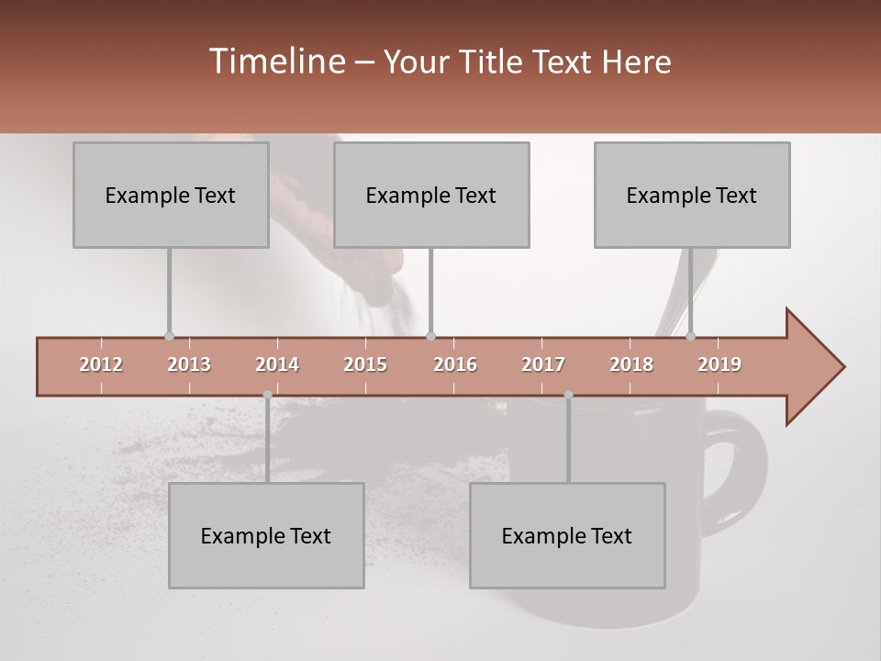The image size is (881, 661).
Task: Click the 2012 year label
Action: pyautogui.click(x=101, y=364)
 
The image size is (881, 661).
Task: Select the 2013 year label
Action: pyautogui.click(x=189, y=364)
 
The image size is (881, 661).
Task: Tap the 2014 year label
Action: pyautogui.click(x=277, y=364)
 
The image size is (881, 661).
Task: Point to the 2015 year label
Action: pyautogui.click(x=365, y=364)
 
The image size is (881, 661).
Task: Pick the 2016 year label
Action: pyautogui.click(x=455, y=364)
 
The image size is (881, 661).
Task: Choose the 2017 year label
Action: pyautogui.click(x=543, y=364)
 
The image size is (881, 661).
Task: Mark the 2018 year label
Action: pyautogui.click(x=631, y=364)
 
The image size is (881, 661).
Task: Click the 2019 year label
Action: pyautogui.click(x=719, y=364)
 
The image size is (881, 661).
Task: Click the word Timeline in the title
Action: pyautogui.click(x=276, y=62)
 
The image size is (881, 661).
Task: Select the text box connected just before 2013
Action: pyautogui.click(x=171, y=195)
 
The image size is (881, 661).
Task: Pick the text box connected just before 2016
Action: pyautogui.click(x=431, y=195)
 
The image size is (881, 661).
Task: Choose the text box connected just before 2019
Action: pyautogui.click(x=692, y=195)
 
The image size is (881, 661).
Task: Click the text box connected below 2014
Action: pyautogui.click(x=266, y=535)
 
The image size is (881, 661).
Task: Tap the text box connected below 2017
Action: pyautogui.click(x=567, y=535)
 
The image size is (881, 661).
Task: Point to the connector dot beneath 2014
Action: pyautogui.click(x=267, y=395)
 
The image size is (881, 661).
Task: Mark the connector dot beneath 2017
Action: pyautogui.click(x=568, y=395)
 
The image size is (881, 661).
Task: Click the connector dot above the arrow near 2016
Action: pyautogui.click(x=431, y=336)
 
